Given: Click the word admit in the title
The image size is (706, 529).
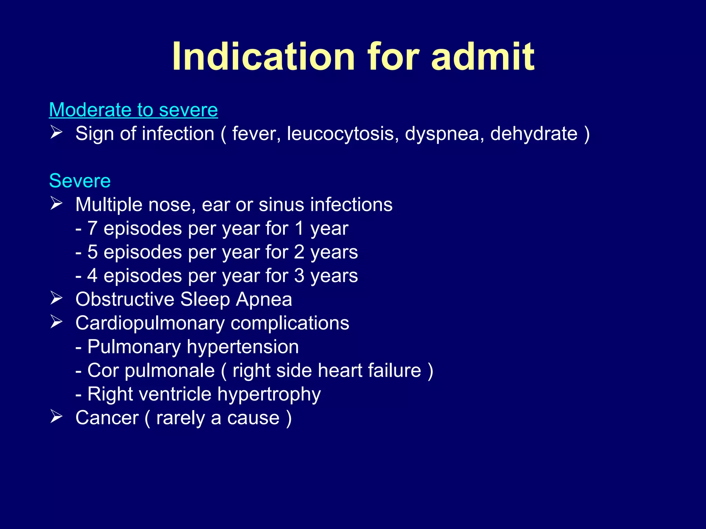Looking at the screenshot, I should pos(483,56).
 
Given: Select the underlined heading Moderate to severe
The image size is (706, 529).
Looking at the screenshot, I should pos(133,110).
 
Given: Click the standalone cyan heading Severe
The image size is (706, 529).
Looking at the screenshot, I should pos(80,181).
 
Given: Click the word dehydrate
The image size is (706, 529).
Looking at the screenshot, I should pos(534,134).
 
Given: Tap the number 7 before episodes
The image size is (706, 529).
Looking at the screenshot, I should pos(92,228).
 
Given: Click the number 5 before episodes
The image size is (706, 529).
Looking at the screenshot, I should pos(92,252).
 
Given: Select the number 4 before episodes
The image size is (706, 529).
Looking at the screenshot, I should pos(92,276).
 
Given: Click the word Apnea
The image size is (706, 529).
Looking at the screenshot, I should pos(264,300).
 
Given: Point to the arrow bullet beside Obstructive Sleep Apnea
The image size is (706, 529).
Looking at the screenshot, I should pos(56,298).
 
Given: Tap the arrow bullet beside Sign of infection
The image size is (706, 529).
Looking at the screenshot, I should pos(56,132).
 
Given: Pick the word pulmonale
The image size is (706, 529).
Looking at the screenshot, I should pos(170,371).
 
